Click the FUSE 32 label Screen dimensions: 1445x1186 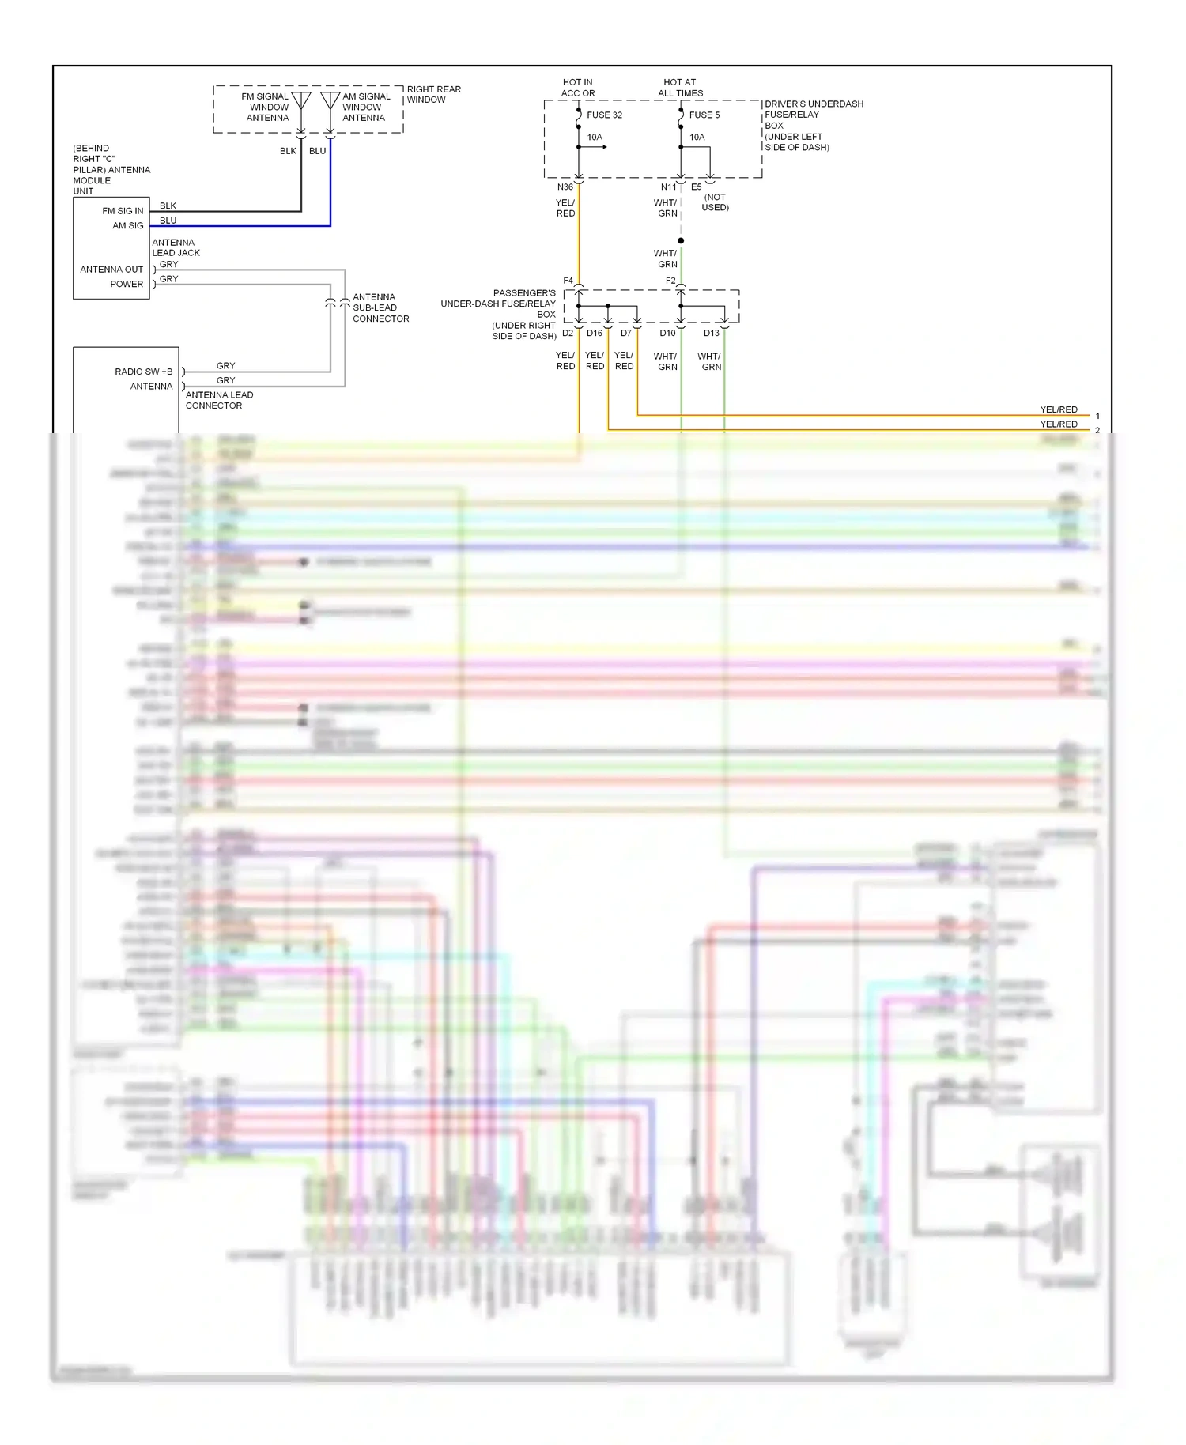coord(604,115)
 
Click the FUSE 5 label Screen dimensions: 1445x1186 coord(704,115)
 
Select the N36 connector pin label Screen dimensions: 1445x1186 coord(565,187)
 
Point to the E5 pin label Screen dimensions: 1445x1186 coord(696,187)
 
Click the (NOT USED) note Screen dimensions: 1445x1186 coord(715,202)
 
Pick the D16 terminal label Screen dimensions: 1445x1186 coord(595,334)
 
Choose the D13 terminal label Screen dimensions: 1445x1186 coord(712,334)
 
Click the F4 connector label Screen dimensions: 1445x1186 coord(568,281)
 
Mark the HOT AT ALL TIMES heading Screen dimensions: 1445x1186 coord(680,88)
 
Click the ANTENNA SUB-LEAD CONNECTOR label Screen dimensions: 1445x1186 coord(380,307)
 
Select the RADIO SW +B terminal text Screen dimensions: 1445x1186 coord(143,372)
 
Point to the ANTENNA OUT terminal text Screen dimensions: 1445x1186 coord(111,270)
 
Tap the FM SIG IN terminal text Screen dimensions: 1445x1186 coord(123,211)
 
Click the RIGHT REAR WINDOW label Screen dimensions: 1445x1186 coord(433,94)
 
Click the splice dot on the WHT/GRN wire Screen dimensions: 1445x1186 coord(681,240)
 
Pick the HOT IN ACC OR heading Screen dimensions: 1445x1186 coord(578,88)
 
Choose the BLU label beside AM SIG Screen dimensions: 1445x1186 coord(168,221)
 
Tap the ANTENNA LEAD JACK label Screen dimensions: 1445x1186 coord(176,247)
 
